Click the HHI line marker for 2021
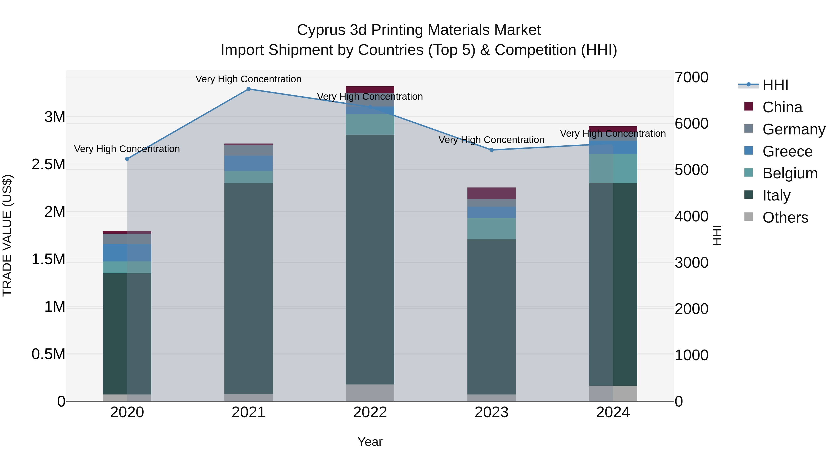(x=249, y=89)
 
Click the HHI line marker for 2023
(x=492, y=150)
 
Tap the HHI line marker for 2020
(x=127, y=159)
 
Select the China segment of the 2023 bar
(x=492, y=193)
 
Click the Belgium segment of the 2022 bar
(x=370, y=124)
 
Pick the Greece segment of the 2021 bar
(x=249, y=163)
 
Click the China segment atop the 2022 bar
(x=370, y=89)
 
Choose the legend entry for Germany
(x=794, y=129)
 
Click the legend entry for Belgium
(x=790, y=173)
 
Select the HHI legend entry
(x=775, y=85)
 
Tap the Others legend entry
(x=785, y=217)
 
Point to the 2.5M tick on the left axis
(x=48, y=164)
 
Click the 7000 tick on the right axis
(x=691, y=77)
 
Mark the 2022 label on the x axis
(x=370, y=412)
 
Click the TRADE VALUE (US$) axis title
(x=7, y=235)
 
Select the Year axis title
(x=370, y=442)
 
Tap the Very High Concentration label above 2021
(x=249, y=79)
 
